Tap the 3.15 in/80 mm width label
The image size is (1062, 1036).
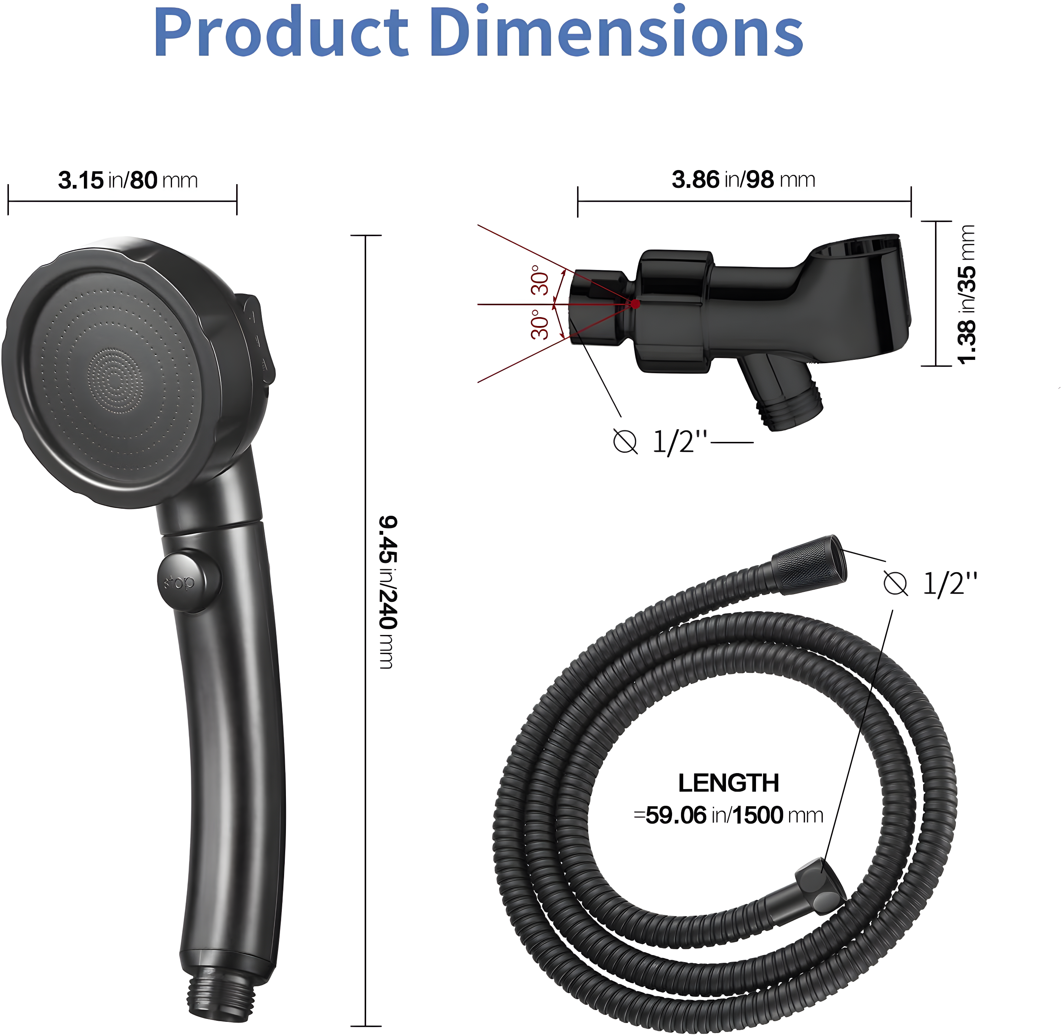click(x=128, y=180)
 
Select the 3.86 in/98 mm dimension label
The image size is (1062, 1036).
click(x=743, y=180)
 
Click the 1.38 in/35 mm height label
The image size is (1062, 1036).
click(x=966, y=294)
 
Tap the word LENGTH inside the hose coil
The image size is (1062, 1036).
click(x=728, y=783)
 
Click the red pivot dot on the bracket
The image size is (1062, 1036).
click(x=635, y=304)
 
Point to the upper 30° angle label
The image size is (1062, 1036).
click(x=540, y=280)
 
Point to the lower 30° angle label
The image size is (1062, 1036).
click(x=540, y=325)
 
